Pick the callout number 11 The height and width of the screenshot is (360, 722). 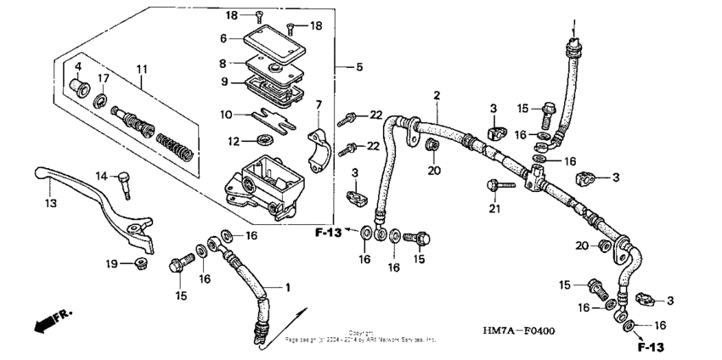141,68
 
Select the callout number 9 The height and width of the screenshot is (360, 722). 223,82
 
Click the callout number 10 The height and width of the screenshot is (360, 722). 224,114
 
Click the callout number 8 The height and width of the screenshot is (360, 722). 223,63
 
